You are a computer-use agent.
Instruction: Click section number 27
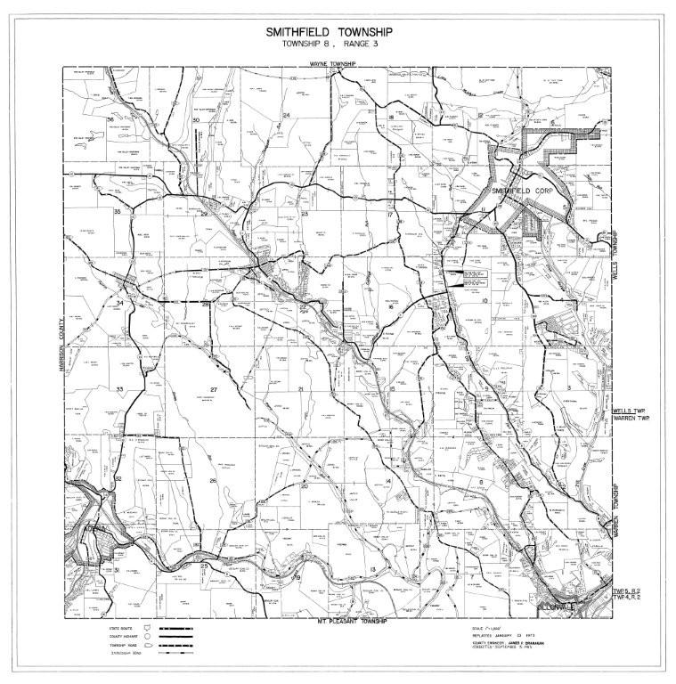click(214, 389)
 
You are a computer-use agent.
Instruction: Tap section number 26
click(213, 481)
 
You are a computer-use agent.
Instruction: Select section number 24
click(287, 116)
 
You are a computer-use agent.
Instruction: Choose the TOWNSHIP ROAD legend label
click(118, 644)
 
